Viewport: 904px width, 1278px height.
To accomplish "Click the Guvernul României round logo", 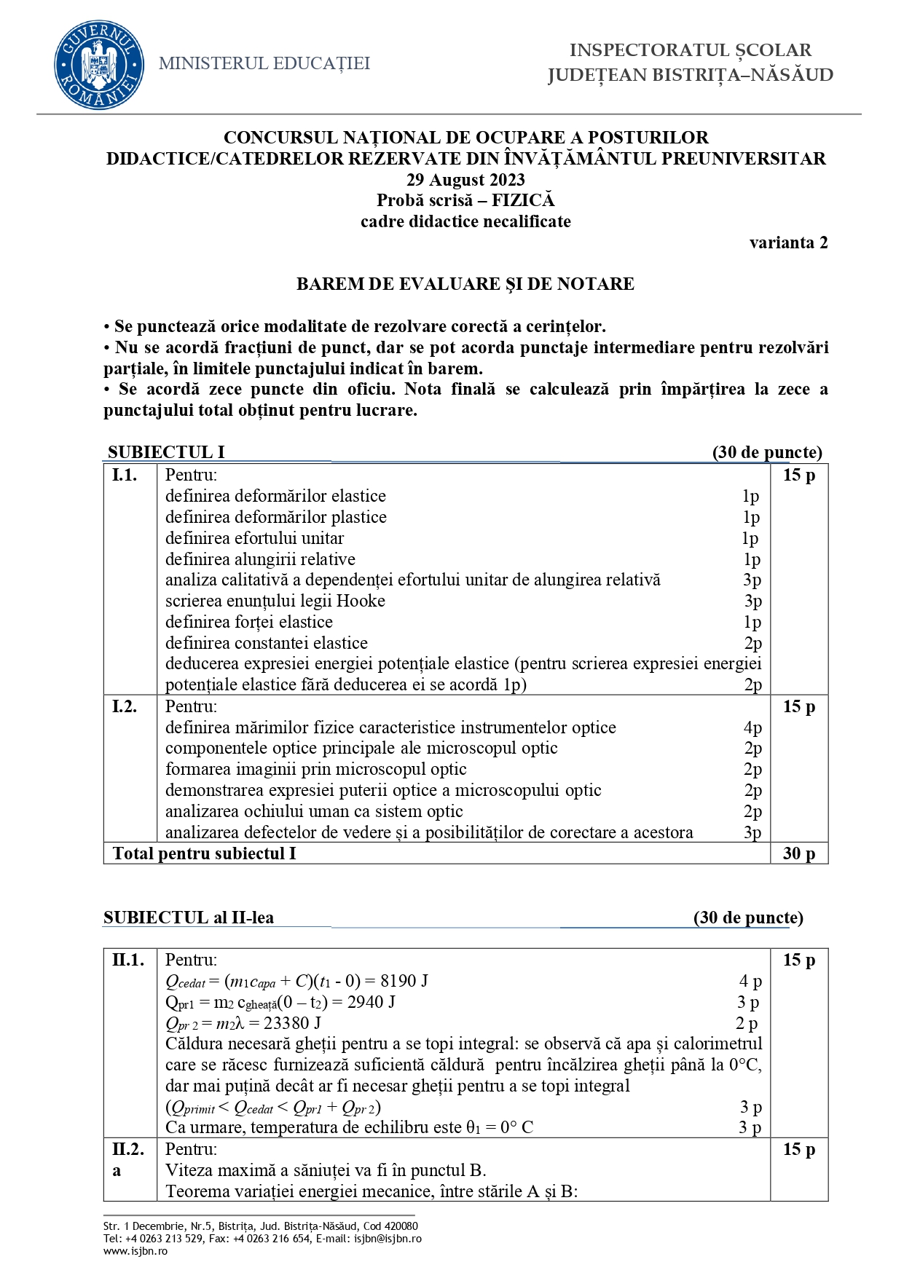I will (x=98, y=65).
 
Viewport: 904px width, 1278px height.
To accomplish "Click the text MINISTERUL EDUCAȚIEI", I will (x=264, y=64).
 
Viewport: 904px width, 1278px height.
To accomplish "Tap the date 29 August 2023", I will (x=465, y=180).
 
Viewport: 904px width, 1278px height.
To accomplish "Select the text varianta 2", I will (x=788, y=243).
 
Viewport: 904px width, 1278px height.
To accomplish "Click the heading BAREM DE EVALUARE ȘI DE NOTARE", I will (x=465, y=284).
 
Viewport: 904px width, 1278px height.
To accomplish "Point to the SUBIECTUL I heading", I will (x=166, y=452).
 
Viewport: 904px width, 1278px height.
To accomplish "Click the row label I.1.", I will (x=125, y=476).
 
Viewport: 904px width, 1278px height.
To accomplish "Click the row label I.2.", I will (x=125, y=706).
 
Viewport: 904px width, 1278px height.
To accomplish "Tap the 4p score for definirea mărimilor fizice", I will (x=752, y=727).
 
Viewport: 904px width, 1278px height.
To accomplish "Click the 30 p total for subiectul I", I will (x=798, y=853).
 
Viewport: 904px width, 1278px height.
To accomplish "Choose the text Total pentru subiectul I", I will (x=205, y=853).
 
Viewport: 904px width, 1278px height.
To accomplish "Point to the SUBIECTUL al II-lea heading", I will (x=189, y=918).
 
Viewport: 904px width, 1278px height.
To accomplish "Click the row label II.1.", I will (x=128, y=960).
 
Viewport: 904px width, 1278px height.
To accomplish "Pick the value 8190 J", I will (x=404, y=981).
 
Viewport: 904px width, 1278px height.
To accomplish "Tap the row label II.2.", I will (x=128, y=1149).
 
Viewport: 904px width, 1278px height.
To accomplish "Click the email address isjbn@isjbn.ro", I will (x=388, y=1238).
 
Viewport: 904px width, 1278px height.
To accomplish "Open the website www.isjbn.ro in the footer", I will (x=135, y=1250).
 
